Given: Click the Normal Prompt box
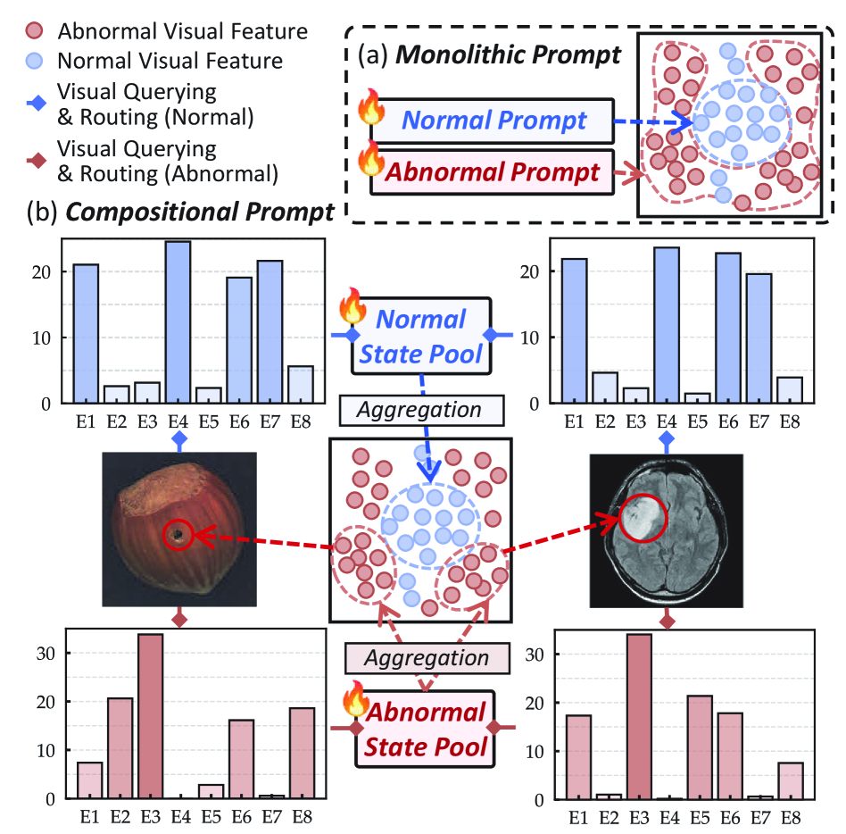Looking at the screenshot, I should click(493, 121).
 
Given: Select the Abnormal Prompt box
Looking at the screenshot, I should click(493, 171).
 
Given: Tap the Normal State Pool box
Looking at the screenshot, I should click(420, 335).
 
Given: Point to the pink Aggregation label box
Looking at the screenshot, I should click(426, 658).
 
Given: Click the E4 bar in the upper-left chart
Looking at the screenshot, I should click(178, 322).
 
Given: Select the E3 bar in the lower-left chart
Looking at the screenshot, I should click(151, 715).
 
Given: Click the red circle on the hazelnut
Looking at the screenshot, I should click(178, 535).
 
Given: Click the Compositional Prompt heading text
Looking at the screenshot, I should click(200, 213).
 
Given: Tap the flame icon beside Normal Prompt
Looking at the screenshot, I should click(369, 109).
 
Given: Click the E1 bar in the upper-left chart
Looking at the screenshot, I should click(86, 334).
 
